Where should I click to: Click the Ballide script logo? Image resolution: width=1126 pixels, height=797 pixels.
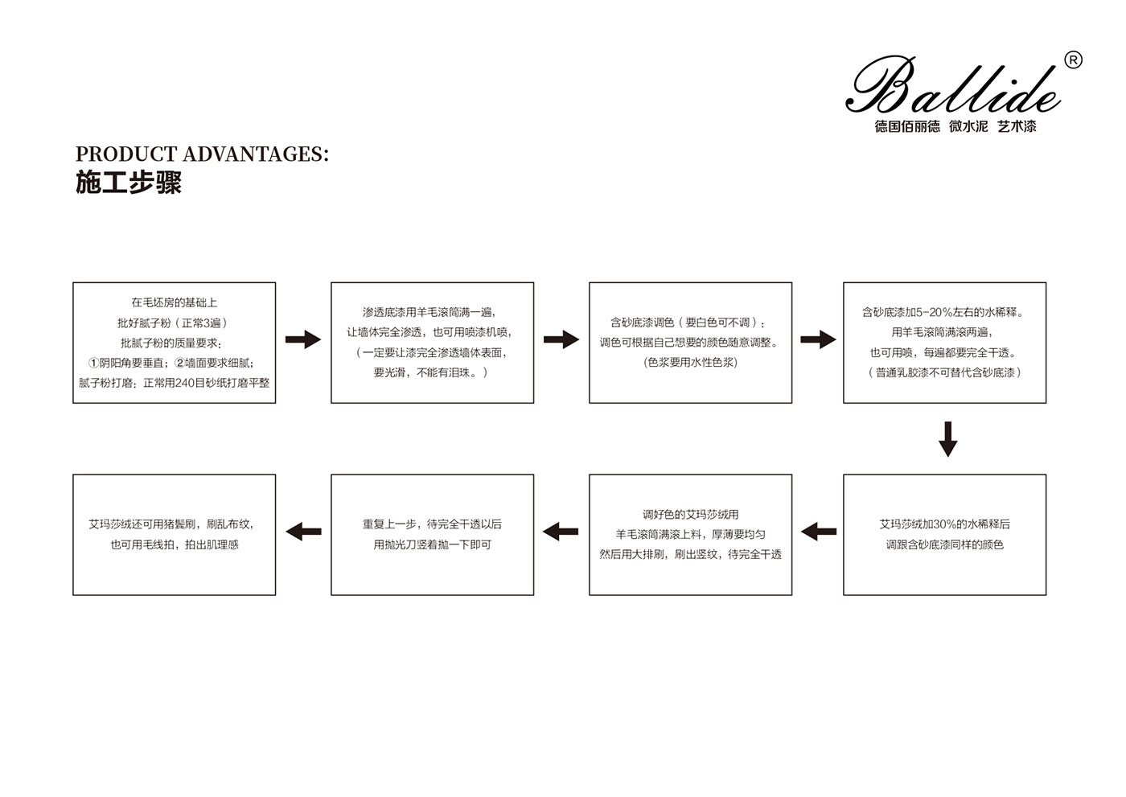953,84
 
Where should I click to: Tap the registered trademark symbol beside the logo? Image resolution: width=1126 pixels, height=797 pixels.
1073,61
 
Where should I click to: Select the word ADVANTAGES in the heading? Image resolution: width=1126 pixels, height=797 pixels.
256,154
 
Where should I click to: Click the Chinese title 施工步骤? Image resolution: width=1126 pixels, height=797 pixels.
128,183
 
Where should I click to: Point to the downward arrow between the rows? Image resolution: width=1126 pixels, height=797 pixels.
948,439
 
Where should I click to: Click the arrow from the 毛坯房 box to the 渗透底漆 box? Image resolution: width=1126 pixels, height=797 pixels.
303,339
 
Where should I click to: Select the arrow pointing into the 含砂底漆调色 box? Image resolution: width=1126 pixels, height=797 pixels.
561,339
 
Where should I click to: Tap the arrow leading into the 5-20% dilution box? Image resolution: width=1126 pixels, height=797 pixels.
819,339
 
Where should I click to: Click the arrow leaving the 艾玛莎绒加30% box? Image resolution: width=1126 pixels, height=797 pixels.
819,532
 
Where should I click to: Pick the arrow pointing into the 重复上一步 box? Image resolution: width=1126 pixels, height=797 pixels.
561,532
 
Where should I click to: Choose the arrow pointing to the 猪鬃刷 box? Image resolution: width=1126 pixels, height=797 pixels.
304,532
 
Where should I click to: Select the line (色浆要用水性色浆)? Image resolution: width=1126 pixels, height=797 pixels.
690,363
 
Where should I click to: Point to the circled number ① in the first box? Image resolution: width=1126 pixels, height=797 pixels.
93,363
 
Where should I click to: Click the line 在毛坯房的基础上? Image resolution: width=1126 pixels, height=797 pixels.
174,302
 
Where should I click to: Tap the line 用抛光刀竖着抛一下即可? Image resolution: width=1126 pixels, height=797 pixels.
433,544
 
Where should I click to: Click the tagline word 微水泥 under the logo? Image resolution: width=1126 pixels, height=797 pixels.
968,126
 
